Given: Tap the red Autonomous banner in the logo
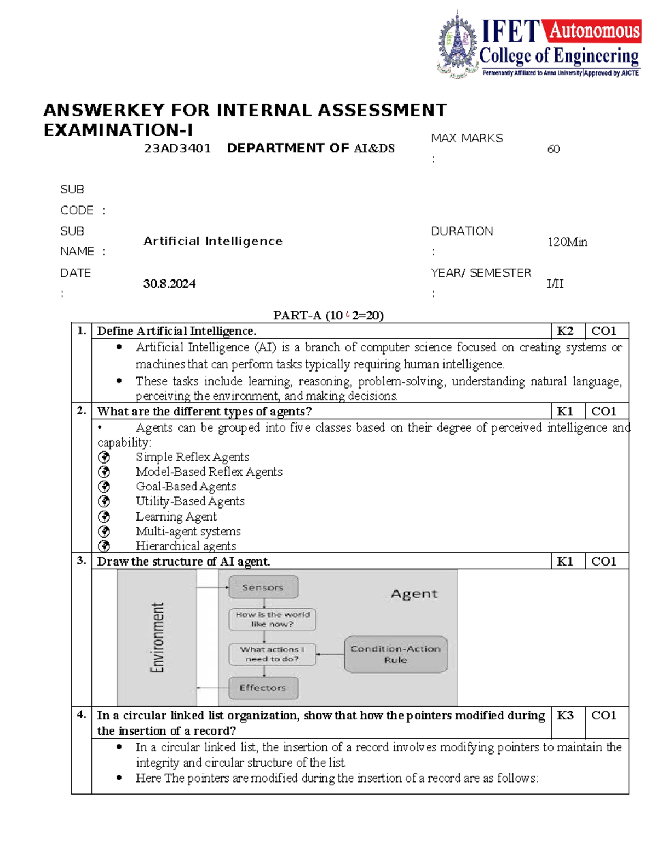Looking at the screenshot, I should [x=594, y=31].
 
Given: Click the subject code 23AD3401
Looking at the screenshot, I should [x=177, y=149].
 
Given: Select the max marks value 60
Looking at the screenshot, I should [x=553, y=149].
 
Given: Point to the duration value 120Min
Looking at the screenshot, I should [x=567, y=242].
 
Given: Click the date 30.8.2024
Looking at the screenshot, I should [x=169, y=283].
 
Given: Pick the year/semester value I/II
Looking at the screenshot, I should [x=555, y=283].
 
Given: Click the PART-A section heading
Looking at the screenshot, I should [x=328, y=315].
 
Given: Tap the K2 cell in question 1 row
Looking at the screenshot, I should [x=565, y=331].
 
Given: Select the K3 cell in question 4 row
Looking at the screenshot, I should [x=565, y=716].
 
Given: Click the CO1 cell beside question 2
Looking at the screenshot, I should [x=603, y=412].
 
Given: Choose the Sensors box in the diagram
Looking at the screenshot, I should [x=263, y=587].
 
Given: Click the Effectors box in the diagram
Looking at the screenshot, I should [x=263, y=688].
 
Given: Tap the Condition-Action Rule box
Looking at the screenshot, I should [x=395, y=654].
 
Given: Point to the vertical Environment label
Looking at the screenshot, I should [x=157, y=637].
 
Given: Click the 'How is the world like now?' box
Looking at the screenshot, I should [x=272, y=619].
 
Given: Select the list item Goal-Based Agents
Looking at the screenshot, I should [x=186, y=487].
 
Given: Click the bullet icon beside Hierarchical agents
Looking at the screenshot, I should [x=104, y=546].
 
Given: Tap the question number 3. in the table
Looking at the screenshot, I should [x=82, y=561].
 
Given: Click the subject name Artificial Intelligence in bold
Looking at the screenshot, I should [x=213, y=242].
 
